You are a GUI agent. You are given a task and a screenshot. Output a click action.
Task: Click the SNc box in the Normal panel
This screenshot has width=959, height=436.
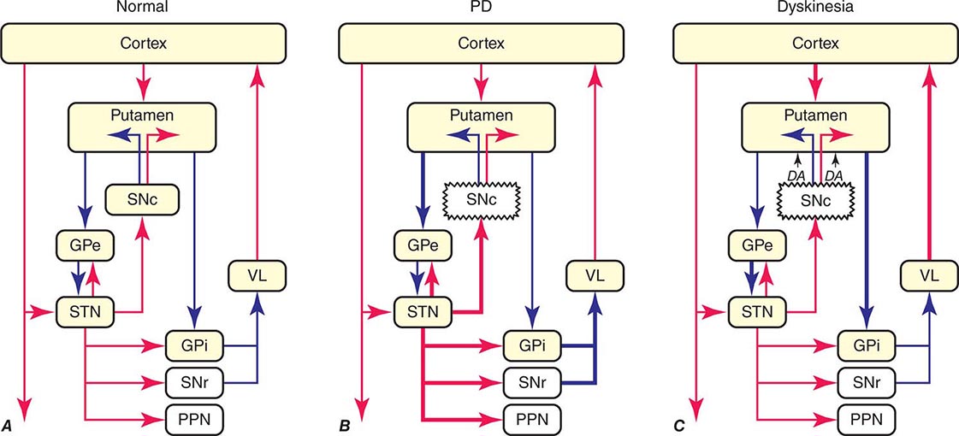click(139, 199)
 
